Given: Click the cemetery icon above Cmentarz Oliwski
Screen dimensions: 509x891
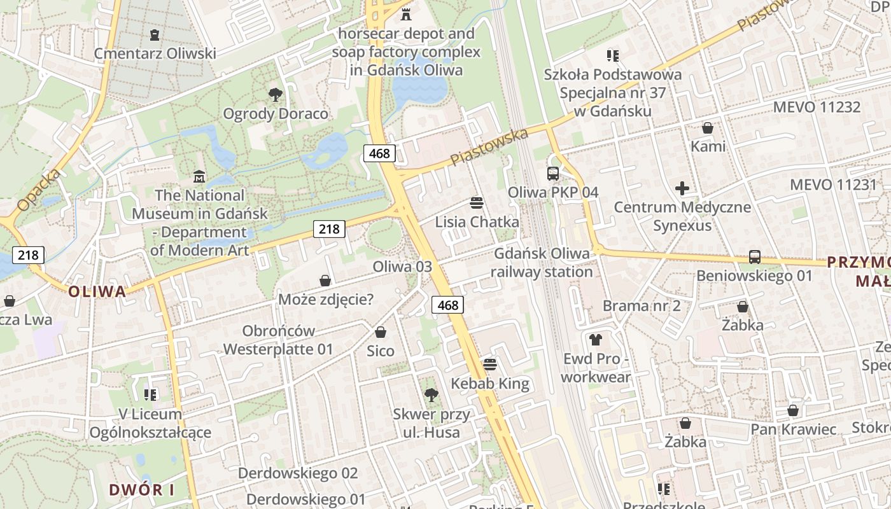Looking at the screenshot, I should click(x=154, y=34).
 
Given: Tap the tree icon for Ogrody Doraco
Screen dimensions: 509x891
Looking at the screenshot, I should click(x=276, y=95).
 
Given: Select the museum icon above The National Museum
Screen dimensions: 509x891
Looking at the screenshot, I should click(x=199, y=176).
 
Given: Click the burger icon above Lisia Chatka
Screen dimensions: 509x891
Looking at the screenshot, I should click(x=477, y=203).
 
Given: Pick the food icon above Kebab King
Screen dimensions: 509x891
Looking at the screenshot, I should click(x=489, y=365).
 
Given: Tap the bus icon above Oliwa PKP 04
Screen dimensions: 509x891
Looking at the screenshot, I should click(x=552, y=173).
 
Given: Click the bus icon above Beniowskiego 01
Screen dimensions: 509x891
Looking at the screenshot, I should click(x=755, y=257).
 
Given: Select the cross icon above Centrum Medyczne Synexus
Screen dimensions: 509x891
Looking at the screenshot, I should click(x=682, y=188).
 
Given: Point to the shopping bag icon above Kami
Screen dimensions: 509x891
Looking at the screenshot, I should click(x=708, y=128).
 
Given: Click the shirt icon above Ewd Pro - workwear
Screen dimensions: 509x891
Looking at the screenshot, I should click(x=596, y=340).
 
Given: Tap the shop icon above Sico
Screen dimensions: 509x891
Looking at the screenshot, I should click(x=381, y=332).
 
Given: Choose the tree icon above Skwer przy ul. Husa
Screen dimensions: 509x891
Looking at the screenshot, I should click(x=431, y=395).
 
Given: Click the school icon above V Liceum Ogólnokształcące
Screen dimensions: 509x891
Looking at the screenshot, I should click(x=150, y=395).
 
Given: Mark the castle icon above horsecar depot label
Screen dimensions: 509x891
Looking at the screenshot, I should click(x=406, y=14).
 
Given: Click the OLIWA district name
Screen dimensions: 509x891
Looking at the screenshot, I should click(x=97, y=291).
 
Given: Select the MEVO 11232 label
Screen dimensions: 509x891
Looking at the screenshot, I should click(x=817, y=107).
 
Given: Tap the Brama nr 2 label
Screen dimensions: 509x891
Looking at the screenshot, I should click(x=642, y=305).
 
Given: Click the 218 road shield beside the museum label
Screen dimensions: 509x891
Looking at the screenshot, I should click(x=329, y=228).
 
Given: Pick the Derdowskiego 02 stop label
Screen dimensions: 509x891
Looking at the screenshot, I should click(x=298, y=473).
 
